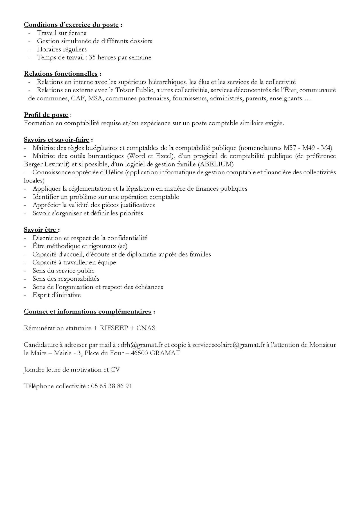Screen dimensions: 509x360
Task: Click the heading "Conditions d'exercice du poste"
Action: coord(71,25)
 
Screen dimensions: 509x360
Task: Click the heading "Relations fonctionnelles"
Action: coord(61,74)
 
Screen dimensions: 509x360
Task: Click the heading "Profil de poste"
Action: coord(46,115)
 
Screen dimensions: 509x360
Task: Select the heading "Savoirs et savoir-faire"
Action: coord(57,140)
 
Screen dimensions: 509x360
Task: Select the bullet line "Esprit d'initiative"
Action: coord(57,295)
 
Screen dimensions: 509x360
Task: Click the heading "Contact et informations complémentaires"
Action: coord(87,312)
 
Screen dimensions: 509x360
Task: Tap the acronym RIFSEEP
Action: coord(114,328)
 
